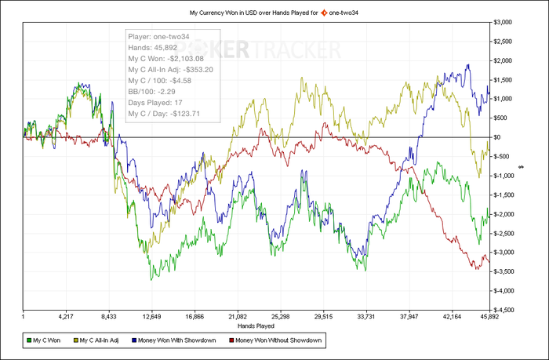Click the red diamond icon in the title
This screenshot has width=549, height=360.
(x=323, y=13)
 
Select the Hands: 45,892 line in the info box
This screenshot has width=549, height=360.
(x=153, y=47)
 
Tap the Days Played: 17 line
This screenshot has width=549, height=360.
(x=157, y=103)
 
